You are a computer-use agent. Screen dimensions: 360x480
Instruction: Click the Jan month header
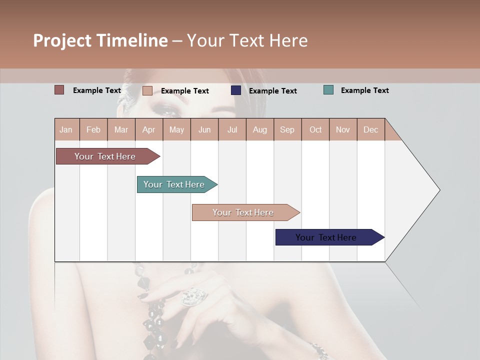point(66,129)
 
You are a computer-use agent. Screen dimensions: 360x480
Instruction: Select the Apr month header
point(149,129)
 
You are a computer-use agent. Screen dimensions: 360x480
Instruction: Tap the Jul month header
point(232,129)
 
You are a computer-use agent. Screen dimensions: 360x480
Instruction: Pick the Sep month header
point(287,129)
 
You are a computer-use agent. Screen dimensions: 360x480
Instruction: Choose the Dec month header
point(370,129)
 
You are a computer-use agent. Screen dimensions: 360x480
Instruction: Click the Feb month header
point(93,129)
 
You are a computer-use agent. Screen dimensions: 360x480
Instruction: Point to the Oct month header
point(315,129)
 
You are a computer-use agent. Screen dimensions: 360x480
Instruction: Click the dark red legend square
point(59,90)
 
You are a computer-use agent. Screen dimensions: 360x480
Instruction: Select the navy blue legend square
point(236,90)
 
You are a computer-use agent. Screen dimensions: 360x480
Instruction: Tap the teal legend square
point(328,90)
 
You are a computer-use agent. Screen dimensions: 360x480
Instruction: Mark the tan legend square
point(147,90)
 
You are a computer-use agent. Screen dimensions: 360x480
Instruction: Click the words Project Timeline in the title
point(100,40)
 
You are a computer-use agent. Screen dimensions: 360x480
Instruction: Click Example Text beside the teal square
point(364,90)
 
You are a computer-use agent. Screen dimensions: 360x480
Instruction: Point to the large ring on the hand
point(192,296)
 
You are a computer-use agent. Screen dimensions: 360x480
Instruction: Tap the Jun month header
point(204,129)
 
